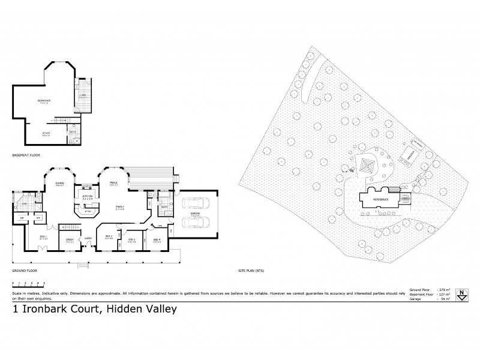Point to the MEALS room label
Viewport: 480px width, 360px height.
113,182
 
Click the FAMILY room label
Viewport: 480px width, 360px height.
120,207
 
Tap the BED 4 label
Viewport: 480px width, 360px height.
157,239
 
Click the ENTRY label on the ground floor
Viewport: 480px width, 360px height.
88,237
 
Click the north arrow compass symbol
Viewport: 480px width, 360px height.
461,295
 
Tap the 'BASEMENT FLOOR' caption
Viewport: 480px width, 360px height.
26,155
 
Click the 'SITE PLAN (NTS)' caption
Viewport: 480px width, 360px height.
251,271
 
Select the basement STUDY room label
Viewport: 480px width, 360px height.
46,134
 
